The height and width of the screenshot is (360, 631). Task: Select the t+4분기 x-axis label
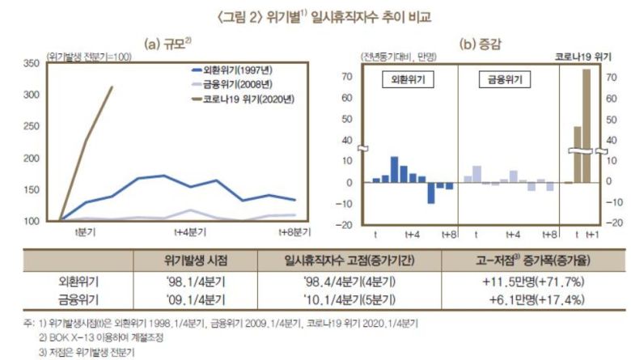(190, 231)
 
